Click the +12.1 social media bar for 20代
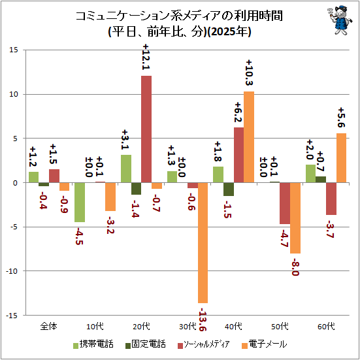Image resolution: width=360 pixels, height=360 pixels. tap(146, 129)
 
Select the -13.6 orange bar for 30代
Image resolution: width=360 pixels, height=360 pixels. tap(203, 242)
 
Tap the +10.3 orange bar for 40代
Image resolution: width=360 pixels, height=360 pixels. tap(249, 137)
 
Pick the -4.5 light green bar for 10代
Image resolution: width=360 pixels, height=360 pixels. tap(80, 203)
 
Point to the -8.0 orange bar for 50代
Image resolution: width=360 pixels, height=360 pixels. tap(295, 218)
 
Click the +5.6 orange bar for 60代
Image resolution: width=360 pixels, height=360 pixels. tap(341, 158)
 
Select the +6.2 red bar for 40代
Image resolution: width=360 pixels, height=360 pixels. tap(238, 155)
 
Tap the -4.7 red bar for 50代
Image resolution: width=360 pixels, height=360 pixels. tap(285, 203)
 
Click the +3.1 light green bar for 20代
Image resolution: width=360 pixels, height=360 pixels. tap(126, 169)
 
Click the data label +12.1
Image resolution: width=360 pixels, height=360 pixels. tap(146, 57)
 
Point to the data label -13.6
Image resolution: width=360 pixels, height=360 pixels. tap(203, 319)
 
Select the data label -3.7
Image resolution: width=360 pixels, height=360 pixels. tap(331, 229)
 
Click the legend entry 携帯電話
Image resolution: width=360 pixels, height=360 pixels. tap(93, 344)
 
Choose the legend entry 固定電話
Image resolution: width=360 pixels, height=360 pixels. tap(145, 344)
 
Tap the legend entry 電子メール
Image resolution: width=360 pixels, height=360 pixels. tap(265, 344)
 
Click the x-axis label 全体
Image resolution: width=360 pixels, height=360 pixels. tap(48, 326)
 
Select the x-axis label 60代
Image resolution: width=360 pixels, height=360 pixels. tap(326, 326)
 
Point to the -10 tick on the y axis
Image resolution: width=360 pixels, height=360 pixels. tap(12, 271)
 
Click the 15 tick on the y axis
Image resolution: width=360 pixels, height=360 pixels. tap(14, 50)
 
